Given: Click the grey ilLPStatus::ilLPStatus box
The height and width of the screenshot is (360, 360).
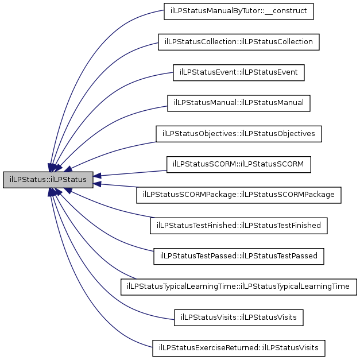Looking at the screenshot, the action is pos(48,180).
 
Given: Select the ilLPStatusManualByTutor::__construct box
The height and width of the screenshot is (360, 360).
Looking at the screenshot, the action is pos(238,11).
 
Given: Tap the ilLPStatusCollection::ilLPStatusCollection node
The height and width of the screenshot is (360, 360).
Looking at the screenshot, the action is pos(238,42).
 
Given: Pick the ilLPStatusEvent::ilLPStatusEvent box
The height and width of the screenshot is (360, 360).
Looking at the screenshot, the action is pos(238,72).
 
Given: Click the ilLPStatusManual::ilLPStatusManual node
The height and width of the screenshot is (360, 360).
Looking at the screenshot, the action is pos(238,103).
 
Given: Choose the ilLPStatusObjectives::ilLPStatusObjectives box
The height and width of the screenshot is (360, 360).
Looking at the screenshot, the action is pos(238,134).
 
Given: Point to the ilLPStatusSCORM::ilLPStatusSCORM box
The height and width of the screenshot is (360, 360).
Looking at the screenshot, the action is pos(238,164).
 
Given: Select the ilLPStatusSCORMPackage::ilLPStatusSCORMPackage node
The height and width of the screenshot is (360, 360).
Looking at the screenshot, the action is pos(238,195).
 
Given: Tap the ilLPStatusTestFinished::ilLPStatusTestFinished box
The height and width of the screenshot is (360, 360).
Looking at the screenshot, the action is pos(238,226).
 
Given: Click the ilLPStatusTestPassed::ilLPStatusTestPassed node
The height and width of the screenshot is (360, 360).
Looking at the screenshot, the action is pos(238,256).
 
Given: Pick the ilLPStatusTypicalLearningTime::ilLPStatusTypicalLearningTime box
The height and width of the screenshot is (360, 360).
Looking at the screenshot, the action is pos(238,287).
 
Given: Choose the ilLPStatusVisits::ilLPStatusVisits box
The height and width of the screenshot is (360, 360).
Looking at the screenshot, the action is pos(238,318).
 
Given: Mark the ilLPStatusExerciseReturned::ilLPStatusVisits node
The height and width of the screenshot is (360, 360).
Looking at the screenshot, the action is pos(238,348).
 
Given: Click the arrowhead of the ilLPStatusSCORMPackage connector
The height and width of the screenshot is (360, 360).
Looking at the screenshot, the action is pos(97,184).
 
